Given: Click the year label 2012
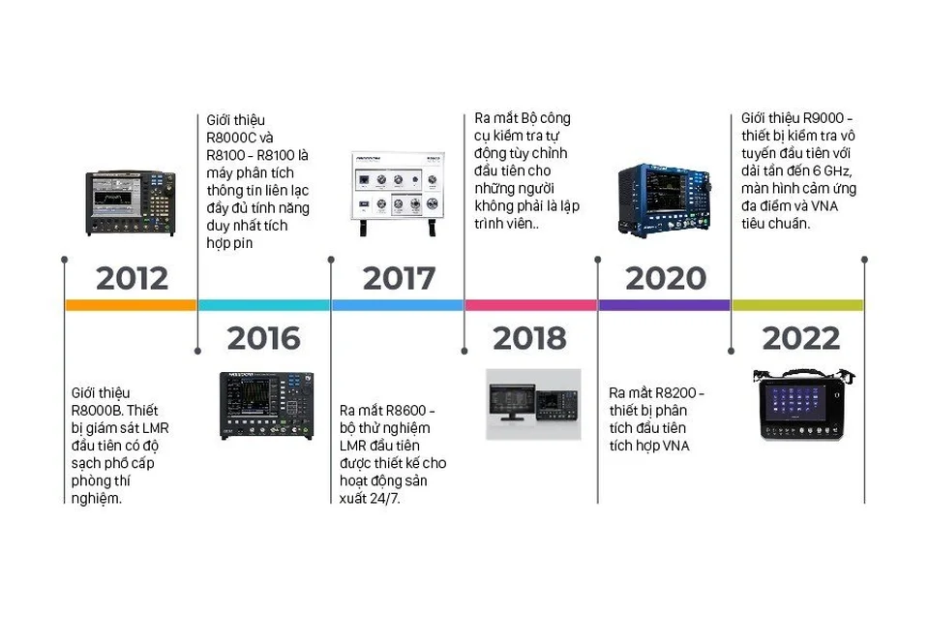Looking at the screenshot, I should pyautogui.click(x=132, y=279).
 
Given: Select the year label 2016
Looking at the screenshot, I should pyautogui.click(x=263, y=339).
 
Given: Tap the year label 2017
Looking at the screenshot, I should pyautogui.click(x=399, y=279).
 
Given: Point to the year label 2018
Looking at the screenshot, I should pyautogui.click(x=529, y=339).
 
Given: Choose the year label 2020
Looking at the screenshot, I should pyautogui.click(x=665, y=279).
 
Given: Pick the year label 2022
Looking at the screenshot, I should pyautogui.click(x=800, y=339).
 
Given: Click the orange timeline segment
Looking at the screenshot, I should pyautogui.click(x=131, y=305).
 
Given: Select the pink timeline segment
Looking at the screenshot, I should pyautogui.click(x=530, y=305).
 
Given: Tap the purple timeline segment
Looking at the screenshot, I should pyautogui.click(x=664, y=305).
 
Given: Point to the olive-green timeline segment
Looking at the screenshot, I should pyautogui.click(x=797, y=305).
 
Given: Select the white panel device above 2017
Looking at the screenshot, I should pyautogui.click(x=398, y=193).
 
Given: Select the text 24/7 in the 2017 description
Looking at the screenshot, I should pyautogui.click(x=384, y=498).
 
